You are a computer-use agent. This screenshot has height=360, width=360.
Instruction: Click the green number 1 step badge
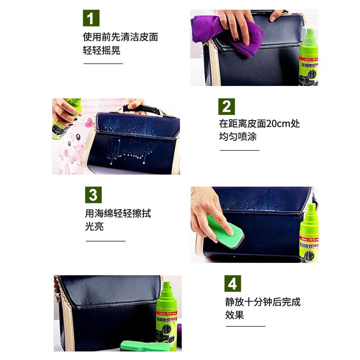pos(91,18)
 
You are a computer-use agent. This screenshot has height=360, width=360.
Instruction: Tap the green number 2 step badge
pos(227,106)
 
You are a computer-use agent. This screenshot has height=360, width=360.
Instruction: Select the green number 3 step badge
pos(93,195)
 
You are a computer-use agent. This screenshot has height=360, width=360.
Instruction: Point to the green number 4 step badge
pos(233,283)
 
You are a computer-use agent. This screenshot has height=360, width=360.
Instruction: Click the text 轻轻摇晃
pos(101,50)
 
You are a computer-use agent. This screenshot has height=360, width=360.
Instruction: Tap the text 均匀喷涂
pos(238,137)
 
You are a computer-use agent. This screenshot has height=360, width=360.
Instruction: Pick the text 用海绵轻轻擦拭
pos(118,213)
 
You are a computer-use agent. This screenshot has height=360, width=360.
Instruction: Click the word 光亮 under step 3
pos(94,226)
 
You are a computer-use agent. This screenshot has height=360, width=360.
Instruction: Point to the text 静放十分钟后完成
pos(263,301)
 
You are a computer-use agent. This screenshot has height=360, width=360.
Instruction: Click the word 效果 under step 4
pos(234,315)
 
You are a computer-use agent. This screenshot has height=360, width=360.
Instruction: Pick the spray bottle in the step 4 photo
pos(167,310)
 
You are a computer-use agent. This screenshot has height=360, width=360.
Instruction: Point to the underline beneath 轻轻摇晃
pos(103,63)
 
